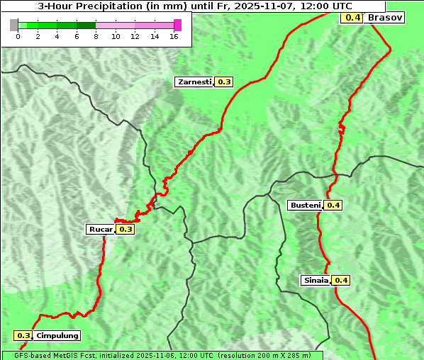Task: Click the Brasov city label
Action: coord(385,17)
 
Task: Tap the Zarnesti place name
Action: coord(194,82)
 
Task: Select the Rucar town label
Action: coord(100,229)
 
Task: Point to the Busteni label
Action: coord(305,206)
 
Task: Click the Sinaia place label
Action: coord(316,280)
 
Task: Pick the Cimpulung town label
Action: coord(57,336)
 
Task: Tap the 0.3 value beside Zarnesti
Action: coord(224,82)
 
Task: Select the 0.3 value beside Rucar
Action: coord(125,229)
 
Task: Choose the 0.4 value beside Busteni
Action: coord(333,206)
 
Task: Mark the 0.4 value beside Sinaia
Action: coord(341,280)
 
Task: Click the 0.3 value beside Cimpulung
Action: coord(23,336)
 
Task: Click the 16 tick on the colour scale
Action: coord(174,36)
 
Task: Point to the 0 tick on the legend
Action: coord(18,36)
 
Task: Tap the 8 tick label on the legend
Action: coord(96,36)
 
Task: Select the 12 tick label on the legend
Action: coord(135,36)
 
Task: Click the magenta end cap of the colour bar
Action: coord(177,25)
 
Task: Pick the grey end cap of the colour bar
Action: coord(14,25)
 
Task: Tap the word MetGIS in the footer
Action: coord(77,355)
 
